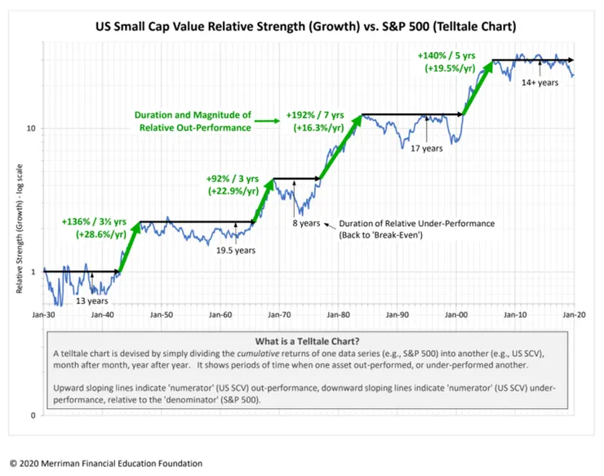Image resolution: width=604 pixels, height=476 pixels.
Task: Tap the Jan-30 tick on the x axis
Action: (x=43, y=313)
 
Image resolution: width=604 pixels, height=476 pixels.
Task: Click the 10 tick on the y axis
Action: (x=30, y=128)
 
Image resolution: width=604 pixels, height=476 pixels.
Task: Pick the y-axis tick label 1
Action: (x=33, y=271)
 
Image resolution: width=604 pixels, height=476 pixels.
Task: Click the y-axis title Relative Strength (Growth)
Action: (x=17, y=238)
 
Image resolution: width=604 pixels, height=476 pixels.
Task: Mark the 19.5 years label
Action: (x=234, y=250)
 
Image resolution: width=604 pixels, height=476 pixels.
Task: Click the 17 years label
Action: (x=426, y=148)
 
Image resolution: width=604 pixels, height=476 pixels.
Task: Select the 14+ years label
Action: (x=540, y=82)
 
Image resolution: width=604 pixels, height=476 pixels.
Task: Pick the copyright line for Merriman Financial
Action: (x=105, y=463)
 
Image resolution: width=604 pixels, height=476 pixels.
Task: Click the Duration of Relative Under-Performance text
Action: (x=417, y=223)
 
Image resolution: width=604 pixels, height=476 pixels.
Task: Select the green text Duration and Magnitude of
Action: (x=193, y=116)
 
